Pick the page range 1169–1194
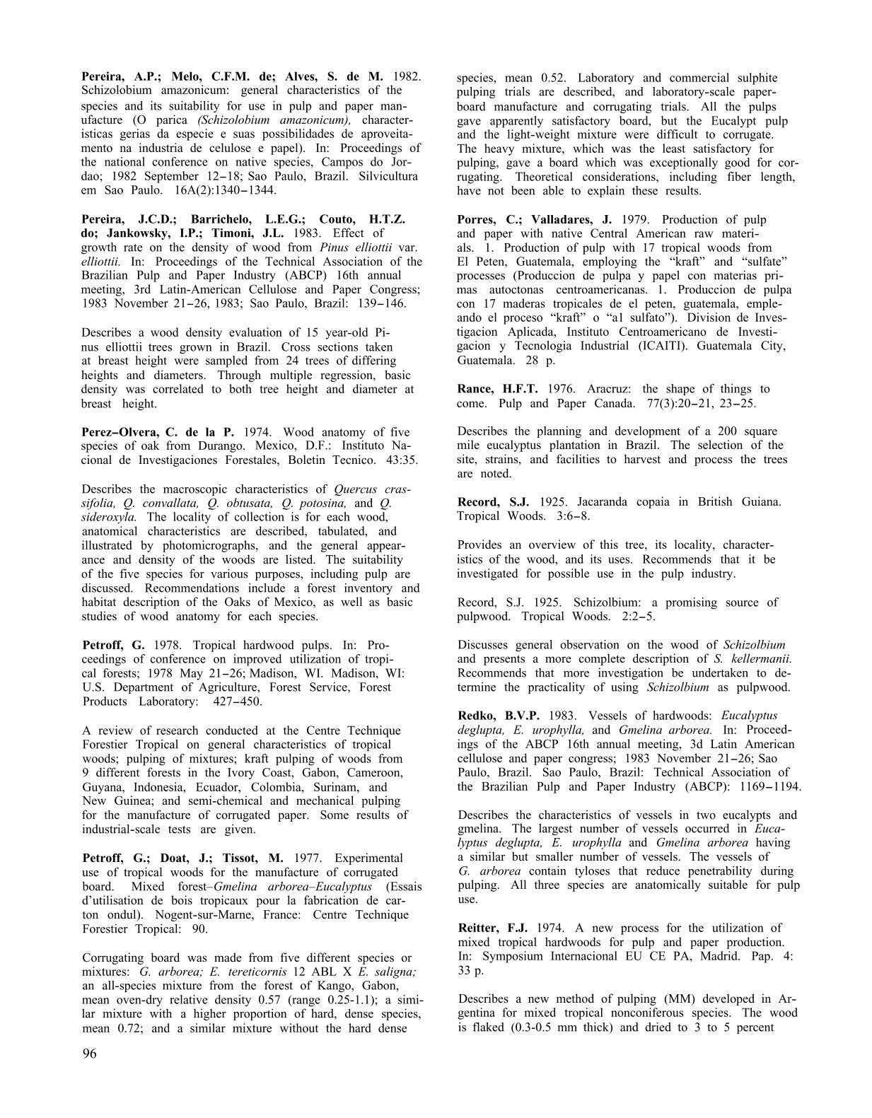(767, 787)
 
